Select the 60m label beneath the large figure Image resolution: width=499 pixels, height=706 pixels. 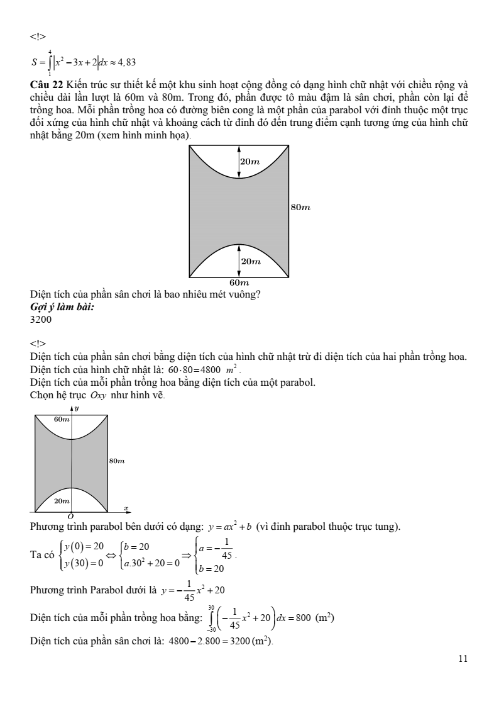pos(239,283)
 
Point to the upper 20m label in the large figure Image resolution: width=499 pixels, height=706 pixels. pos(251,162)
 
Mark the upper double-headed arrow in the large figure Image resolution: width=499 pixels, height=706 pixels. pos(239,162)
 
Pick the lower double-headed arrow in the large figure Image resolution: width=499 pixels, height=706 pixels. pos(239,261)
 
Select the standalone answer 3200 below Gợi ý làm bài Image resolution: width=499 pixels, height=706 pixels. pos(41,319)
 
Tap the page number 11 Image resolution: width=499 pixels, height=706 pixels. pos(464,659)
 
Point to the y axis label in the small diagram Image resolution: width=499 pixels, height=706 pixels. pos(76,408)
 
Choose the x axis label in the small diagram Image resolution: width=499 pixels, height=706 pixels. pos(126,507)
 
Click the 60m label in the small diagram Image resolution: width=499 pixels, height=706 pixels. pos(62,419)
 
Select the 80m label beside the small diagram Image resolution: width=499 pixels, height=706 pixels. pos(116,461)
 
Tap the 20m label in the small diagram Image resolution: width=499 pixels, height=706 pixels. pos(62,501)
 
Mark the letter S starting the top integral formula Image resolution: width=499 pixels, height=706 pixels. pos(34,62)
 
